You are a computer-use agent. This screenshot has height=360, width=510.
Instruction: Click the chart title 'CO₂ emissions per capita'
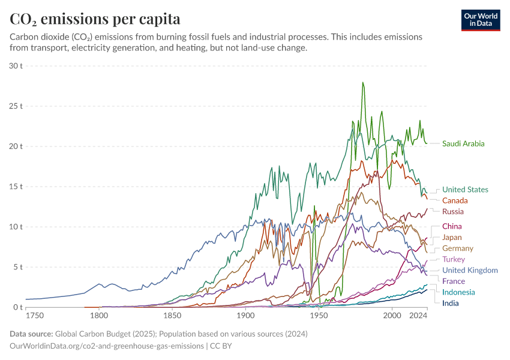coord(95,19)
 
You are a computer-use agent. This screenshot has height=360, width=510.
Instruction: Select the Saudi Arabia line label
coord(463,143)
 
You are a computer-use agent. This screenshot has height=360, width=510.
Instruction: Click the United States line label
coord(465,190)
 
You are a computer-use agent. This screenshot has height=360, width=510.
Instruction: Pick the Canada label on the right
coord(455,200)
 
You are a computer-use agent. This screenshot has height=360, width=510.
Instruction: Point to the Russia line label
coord(453,211)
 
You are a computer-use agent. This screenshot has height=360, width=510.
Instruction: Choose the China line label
coord(452,226)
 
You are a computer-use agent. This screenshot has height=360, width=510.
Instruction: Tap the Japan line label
coord(452,237)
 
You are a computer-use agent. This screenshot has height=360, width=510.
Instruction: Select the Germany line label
coord(458,248)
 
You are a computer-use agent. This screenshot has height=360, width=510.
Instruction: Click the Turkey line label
coord(454,259)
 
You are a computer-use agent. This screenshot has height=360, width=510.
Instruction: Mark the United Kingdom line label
coord(470,270)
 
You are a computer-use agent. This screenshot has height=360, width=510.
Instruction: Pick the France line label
coord(454,281)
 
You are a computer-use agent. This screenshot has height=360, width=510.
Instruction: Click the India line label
coord(451,303)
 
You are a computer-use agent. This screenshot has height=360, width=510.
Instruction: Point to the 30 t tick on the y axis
coord(16,65)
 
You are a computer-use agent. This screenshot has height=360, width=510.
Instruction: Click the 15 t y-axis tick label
coord(16,187)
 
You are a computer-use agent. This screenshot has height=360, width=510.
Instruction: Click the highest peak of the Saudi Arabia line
coord(362,83)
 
